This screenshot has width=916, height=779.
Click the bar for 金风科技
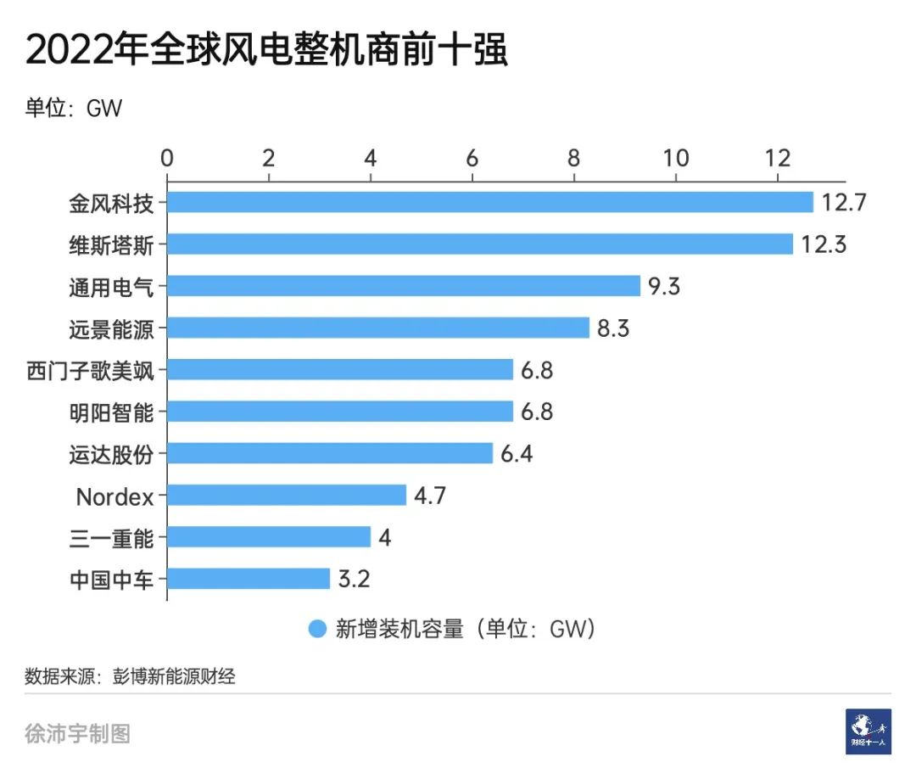[x=490, y=202]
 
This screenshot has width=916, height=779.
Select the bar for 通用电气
[x=404, y=286]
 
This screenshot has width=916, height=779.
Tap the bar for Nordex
[x=287, y=496]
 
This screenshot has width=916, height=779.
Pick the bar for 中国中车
[x=249, y=579]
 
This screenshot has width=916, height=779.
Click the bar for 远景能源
[x=378, y=328]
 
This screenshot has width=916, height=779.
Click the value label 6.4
[x=517, y=453]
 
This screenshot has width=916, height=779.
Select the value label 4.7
[x=430, y=496]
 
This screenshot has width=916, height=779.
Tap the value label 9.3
[x=664, y=286]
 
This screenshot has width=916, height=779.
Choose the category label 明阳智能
[x=112, y=412]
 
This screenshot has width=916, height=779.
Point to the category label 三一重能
[x=112, y=537]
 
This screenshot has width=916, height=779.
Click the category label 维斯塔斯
[x=112, y=244]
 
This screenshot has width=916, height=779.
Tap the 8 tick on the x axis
[x=574, y=158]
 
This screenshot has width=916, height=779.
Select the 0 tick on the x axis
[x=167, y=158]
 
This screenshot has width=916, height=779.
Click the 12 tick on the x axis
[x=778, y=158]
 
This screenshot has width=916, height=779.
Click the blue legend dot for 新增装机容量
[x=317, y=629]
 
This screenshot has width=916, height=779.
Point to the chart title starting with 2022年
[x=266, y=51]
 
